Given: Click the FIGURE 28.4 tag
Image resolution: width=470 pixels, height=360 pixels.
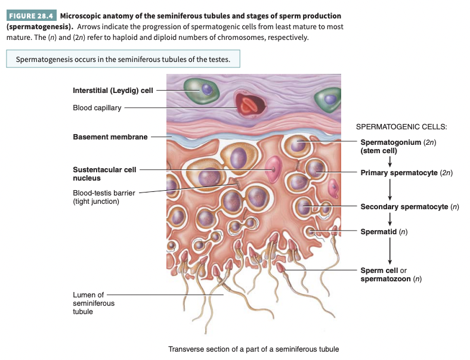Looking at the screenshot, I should [30, 15].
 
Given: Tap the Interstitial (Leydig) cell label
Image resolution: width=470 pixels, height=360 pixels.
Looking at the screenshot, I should [113, 91].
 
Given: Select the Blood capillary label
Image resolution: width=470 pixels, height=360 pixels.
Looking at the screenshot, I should [97, 108].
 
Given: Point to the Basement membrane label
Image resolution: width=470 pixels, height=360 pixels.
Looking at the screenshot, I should [110, 137].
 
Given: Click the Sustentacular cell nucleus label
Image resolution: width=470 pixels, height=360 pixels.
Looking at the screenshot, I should [104, 173].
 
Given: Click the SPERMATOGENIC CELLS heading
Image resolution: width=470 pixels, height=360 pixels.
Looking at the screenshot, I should [401, 127].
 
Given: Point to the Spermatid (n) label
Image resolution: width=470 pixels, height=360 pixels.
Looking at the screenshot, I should [384, 231].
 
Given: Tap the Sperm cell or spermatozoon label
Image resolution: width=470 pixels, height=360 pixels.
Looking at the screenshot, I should [391, 274].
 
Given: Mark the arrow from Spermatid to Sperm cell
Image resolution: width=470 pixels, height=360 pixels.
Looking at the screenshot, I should [389, 250].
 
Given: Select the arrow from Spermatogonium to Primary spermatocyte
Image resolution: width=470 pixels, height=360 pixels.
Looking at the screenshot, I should [389, 162].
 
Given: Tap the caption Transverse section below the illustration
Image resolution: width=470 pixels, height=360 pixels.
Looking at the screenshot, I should [253, 349].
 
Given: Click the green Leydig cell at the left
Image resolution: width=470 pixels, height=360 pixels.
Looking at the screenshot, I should [202, 90].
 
